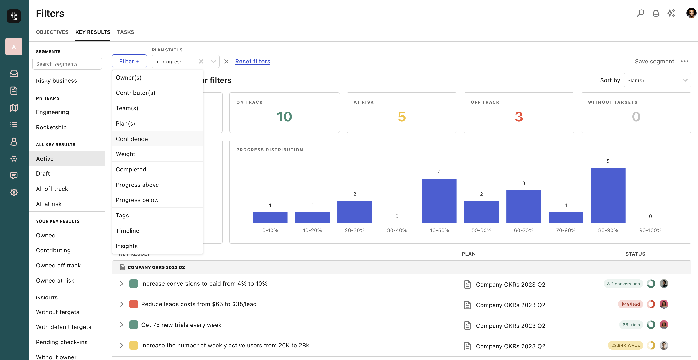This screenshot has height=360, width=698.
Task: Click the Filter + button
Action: (x=129, y=61)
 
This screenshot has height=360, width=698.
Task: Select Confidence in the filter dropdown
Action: (x=132, y=139)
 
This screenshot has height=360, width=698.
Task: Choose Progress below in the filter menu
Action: (x=137, y=200)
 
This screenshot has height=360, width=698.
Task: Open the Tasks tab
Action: (x=125, y=32)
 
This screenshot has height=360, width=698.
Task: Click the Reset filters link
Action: (x=253, y=61)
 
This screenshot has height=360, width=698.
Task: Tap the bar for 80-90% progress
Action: (x=608, y=195)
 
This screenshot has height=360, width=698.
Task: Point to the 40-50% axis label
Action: (x=439, y=230)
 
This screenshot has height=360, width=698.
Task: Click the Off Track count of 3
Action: (x=519, y=117)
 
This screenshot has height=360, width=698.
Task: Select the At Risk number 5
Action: (x=402, y=117)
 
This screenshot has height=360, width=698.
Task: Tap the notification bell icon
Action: (x=656, y=13)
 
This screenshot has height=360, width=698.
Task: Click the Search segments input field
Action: (x=67, y=64)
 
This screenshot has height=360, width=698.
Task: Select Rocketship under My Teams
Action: (x=51, y=127)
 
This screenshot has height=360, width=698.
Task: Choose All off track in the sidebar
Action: (x=52, y=189)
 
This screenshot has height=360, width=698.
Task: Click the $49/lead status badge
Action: (x=630, y=304)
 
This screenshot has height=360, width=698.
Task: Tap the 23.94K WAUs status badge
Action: (x=625, y=345)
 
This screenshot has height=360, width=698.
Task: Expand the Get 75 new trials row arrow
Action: (x=122, y=325)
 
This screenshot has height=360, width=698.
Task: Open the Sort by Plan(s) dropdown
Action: (x=657, y=80)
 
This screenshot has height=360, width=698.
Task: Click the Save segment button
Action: (x=654, y=61)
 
